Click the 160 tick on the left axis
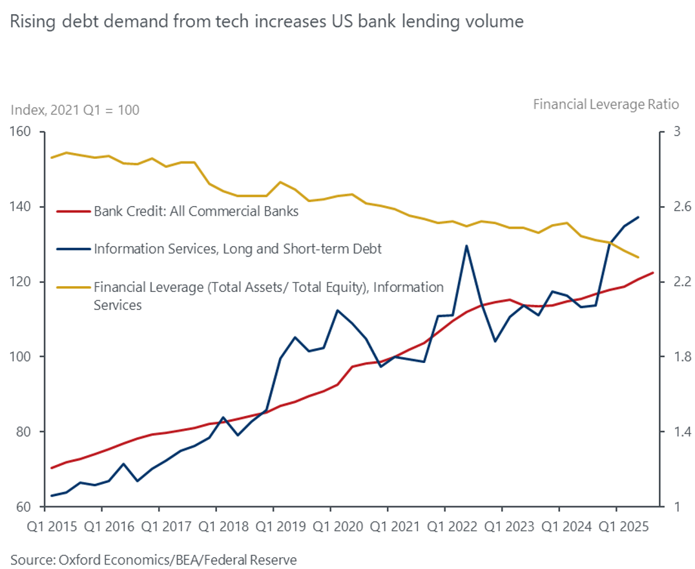23,132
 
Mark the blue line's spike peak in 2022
466,245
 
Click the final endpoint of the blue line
638,217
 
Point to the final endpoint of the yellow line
638,257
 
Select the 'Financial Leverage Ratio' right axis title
606,104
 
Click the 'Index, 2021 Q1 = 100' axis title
75,110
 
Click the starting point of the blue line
51,496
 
